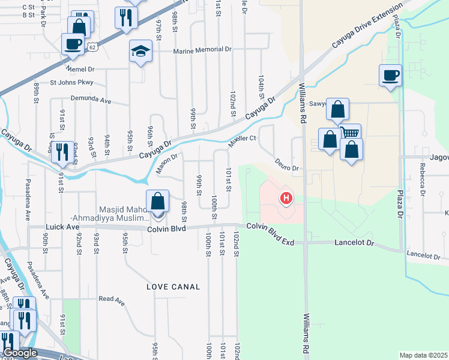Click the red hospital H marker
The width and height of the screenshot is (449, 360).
click(x=287, y=197)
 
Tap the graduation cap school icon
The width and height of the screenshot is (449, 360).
click(x=140, y=52)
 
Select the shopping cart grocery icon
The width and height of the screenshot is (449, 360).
click(x=350, y=133)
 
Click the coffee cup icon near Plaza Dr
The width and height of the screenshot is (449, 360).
click(x=390, y=75)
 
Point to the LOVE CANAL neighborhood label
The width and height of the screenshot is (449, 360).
click(x=173, y=287)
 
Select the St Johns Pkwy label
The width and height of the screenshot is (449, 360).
click(x=72, y=82)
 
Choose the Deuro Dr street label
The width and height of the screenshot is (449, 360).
click(x=287, y=164)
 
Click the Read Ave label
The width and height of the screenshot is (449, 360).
click(x=111, y=298)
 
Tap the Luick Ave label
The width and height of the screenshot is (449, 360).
click(x=62, y=227)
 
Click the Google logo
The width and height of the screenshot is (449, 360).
click(x=19, y=353)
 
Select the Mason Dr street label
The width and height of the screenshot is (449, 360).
click(x=167, y=164)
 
